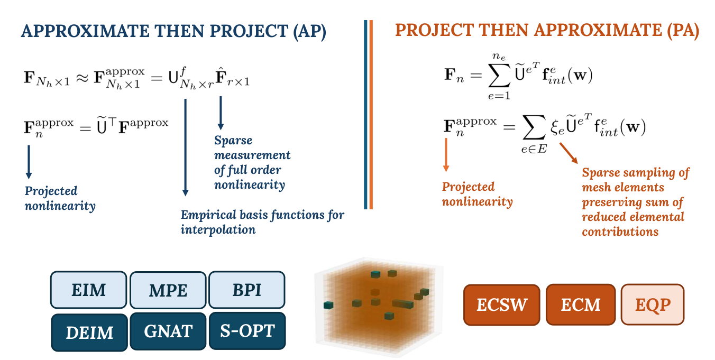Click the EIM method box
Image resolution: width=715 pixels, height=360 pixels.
[88, 290]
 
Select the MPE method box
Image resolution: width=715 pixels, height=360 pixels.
[168, 290]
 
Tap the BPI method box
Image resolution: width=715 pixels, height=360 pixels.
[246, 290]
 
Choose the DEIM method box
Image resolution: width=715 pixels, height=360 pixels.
[89, 332]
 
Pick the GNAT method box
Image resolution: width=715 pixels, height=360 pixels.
[168, 331]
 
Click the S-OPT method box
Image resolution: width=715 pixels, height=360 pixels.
[247, 330]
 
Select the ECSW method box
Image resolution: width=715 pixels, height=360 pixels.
[501, 304]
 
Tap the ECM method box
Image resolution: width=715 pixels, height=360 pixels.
[580, 304]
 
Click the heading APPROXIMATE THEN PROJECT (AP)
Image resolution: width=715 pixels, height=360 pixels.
[173, 31]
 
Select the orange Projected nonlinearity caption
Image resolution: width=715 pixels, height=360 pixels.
[477, 194]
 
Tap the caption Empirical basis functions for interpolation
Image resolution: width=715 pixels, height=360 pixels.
[262, 222]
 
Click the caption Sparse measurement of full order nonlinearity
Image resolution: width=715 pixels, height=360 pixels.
[252, 162]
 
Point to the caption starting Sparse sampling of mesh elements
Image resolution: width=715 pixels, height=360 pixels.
[635, 202]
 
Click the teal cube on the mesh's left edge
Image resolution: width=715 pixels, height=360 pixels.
[328, 306]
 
